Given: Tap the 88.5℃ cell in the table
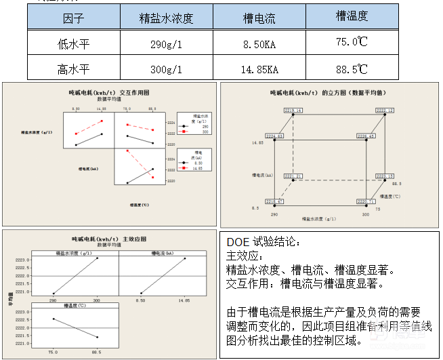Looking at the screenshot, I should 352,68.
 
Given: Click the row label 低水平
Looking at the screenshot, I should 73,43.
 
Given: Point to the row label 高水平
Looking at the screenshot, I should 73,68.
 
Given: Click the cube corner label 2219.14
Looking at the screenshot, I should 293,110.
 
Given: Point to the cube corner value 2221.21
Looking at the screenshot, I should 293,176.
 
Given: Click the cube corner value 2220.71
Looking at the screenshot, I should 366,201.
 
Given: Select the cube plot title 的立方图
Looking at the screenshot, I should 328,92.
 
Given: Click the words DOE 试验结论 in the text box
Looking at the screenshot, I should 261,241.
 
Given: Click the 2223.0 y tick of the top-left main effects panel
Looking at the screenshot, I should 40,260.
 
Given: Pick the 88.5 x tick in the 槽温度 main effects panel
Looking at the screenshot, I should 98,351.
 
